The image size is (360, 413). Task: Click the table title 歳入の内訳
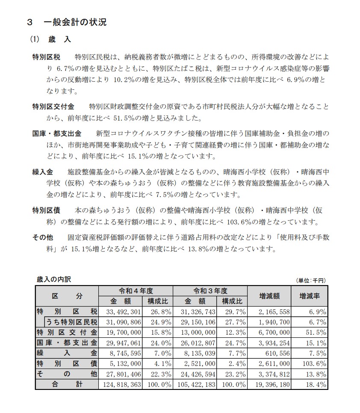(x=54, y=280)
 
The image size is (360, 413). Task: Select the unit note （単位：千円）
(x=310, y=280)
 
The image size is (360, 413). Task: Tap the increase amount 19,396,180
(x=271, y=384)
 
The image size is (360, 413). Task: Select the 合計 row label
(x=67, y=384)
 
